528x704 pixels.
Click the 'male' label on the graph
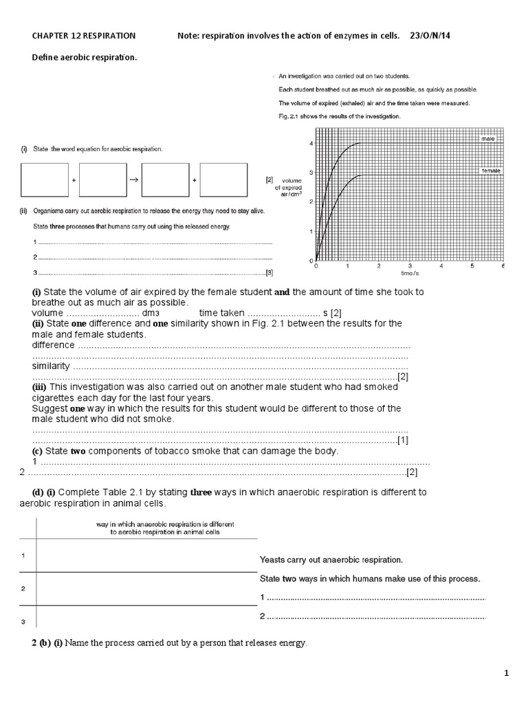pyautogui.click(x=488, y=138)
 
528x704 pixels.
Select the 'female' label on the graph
pyautogui.click(x=491, y=170)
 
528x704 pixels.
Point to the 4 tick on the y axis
pyautogui.click(x=311, y=143)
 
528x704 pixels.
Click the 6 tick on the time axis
pyautogui.click(x=503, y=265)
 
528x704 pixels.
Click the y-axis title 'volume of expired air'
pyautogui.click(x=287, y=186)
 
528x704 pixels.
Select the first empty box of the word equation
pyautogui.click(x=46, y=179)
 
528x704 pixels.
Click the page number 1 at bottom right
pyautogui.click(x=507, y=673)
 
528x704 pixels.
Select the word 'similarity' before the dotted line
pyautogui.click(x=51, y=366)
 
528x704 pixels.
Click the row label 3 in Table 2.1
pyautogui.click(x=23, y=622)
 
